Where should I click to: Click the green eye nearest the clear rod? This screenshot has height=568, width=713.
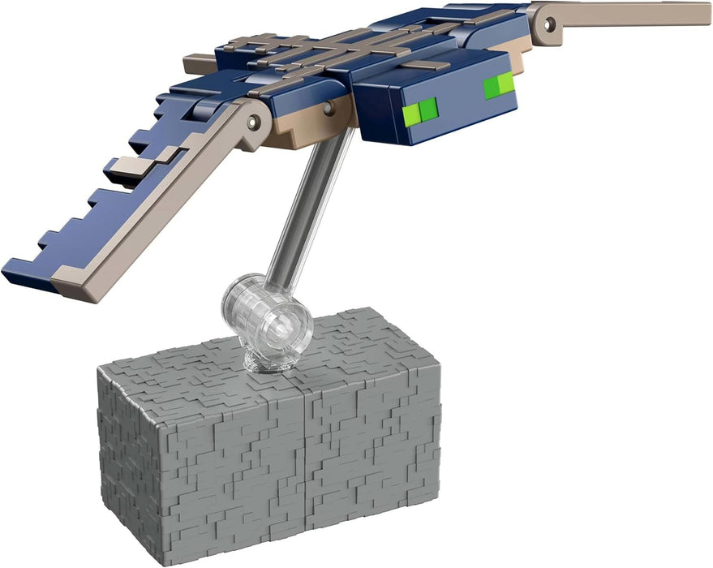tap(423, 108)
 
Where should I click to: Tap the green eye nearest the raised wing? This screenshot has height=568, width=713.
tap(498, 84)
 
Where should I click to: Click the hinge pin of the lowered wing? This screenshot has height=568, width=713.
tap(255, 121)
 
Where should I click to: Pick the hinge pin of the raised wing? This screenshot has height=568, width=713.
tap(551, 24)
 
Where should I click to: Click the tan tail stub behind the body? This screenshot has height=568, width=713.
tap(199, 63)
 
